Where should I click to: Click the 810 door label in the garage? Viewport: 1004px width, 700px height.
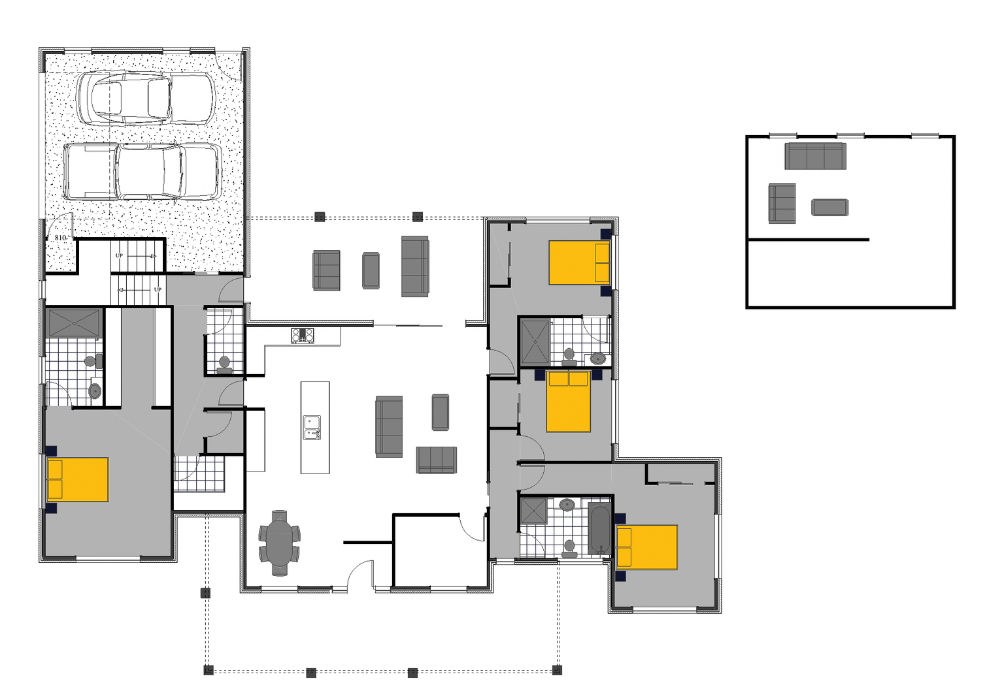pyautogui.click(x=61, y=238)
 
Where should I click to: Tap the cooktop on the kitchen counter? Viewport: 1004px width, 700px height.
pyautogui.click(x=302, y=336)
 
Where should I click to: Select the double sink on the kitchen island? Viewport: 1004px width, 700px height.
pyautogui.click(x=312, y=428)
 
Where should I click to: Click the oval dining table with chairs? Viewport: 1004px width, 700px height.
pyautogui.click(x=280, y=543)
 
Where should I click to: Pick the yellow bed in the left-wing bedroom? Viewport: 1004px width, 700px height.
pyautogui.click(x=78, y=480)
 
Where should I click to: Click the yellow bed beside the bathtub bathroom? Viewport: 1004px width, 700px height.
pyautogui.click(x=646, y=547)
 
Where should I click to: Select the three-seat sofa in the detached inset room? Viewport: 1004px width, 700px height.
pyautogui.click(x=815, y=156)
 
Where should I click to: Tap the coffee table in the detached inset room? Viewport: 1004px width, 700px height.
pyautogui.click(x=829, y=208)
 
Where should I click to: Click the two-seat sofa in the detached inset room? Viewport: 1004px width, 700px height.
pyautogui.click(x=782, y=204)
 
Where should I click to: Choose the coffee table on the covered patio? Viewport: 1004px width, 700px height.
pyautogui.click(x=371, y=270)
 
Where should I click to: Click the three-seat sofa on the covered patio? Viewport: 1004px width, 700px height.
pyautogui.click(x=414, y=266)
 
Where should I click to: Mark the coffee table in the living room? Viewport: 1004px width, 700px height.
pyautogui.click(x=441, y=412)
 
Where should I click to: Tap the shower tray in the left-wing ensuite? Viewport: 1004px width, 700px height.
pyautogui.click(x=74, y=323)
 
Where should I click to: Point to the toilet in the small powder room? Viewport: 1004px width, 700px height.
pyautogui.click(x=224, y=364)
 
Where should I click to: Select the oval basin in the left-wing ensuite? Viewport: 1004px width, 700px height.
pyautogui.click(x=95, y=391)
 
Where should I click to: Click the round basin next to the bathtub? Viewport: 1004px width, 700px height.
pyautogui.click(x=567, y=505)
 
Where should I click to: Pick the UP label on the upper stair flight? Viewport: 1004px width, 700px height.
pyautogui.click(x=119, y=255)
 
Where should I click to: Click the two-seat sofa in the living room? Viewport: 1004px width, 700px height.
pyautogui.click(x=436, y=460)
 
